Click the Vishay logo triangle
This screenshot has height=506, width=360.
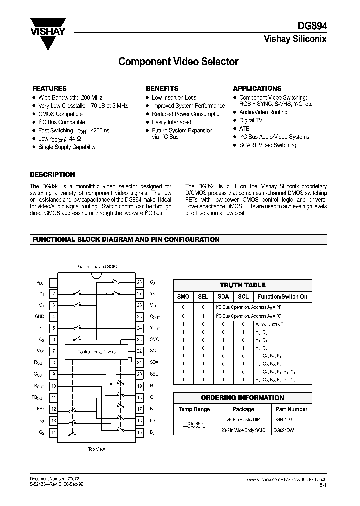[x=48, y=37]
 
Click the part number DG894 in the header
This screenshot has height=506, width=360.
[x=314, y=28]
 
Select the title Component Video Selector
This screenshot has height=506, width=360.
[x=178, y=62]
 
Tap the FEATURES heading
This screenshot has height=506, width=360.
[x=49, y=88]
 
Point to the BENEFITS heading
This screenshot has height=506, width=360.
[x=162, y=88]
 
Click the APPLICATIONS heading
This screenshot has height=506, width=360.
[x=257, y=88]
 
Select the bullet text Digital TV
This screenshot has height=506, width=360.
[x=251, y=120]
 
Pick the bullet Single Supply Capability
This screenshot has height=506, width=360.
[x=67, y=147]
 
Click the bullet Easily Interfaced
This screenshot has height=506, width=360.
[x=171, y=122]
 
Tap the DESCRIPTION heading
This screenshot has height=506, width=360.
[x=52, y=175]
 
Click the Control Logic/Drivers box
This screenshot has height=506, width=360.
[x=96, y=352]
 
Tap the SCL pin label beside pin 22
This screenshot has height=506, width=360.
[x=154, y=351]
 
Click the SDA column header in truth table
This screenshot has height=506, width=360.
[x=223, y=297]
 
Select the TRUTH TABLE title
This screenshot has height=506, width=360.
[x=243, y=285]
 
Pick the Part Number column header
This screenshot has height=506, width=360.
[x=290, y=409]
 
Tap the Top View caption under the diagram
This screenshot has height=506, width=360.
[x=96, y=449]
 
